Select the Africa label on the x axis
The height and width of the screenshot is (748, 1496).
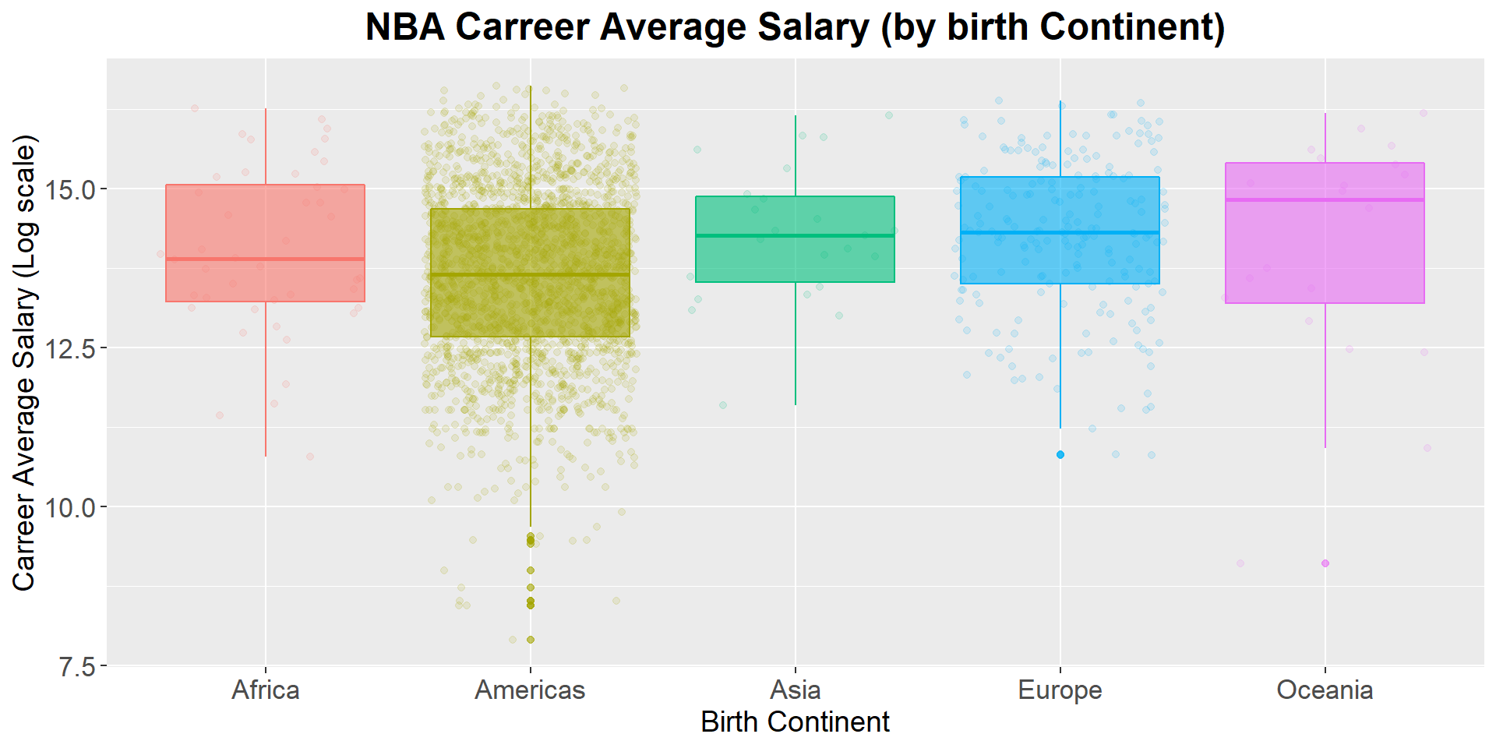pos(265,690)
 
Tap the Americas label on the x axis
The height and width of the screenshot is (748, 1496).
pos(530,690)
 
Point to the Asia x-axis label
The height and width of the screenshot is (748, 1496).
pos(795,690)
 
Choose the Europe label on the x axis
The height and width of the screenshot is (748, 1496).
pos(1060,690)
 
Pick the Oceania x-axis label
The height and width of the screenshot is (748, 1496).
pos(1325,690)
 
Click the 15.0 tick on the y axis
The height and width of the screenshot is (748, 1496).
pos(70,189)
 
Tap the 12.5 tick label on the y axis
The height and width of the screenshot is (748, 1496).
pos(70,348)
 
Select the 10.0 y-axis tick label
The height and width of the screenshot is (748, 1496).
pos(70,508)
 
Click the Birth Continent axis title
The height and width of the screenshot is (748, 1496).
pos(795,722)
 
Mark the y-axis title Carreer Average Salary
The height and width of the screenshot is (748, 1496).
pos(25,362)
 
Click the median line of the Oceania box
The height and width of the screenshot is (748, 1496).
pos(1325,199)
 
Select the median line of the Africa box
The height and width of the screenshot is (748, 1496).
pos(265,259)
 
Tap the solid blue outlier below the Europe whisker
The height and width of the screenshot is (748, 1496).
pos(1060,454)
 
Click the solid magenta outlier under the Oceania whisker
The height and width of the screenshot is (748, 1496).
pos(1325,563)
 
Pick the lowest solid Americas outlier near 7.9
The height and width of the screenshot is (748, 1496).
pos(531,640)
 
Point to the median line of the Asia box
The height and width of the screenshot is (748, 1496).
pos(795,235)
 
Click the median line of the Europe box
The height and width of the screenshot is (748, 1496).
pos(1060,232)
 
